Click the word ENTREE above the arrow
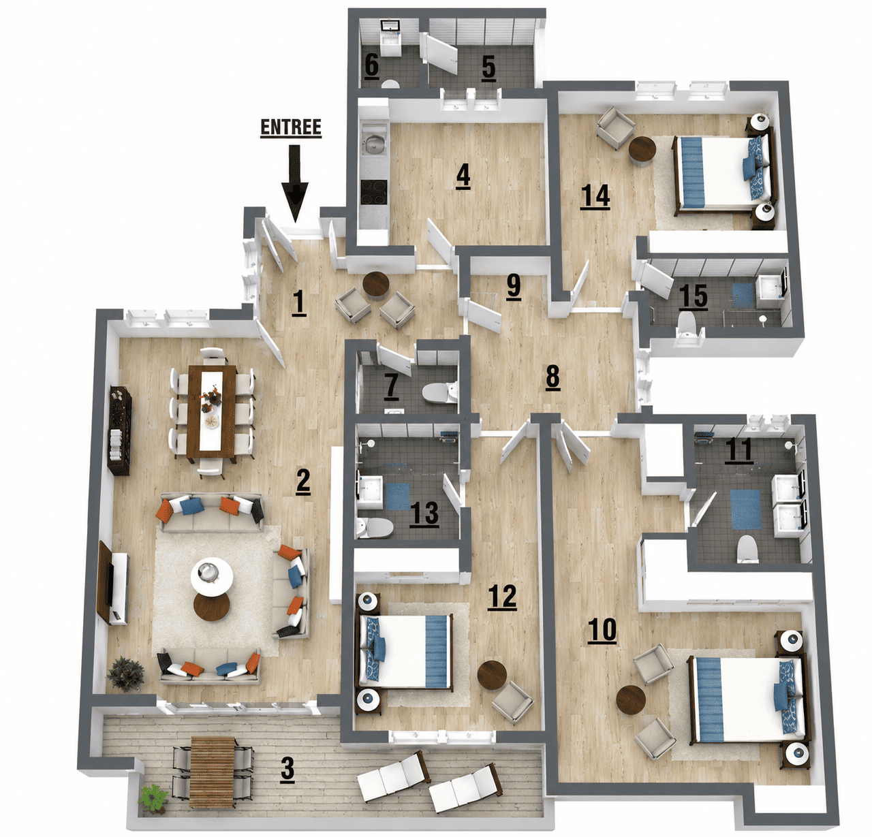pos(291,127)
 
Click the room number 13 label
pos(425,514)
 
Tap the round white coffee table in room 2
pos(211,576)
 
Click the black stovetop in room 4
pos(374,191)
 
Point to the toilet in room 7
pos(439,392)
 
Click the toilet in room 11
pos(747,549)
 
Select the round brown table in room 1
pos(375,284)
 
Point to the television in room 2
pos(106,582)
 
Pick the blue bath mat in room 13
pos(397,496)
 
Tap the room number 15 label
pos(693,296)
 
